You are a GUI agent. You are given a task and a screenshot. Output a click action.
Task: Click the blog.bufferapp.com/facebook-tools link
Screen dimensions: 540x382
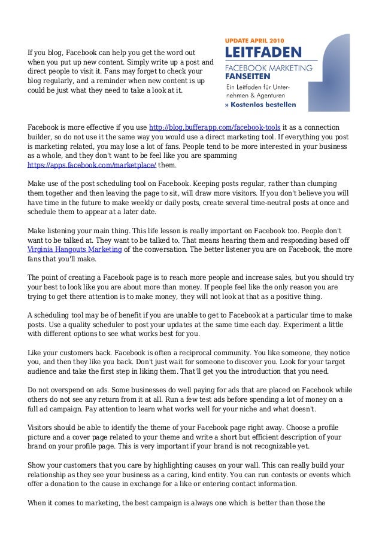pyautogui.click(x=214, y=127)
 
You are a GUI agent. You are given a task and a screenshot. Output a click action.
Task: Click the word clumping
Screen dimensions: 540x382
pyautogui.click(x=319, y=184)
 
